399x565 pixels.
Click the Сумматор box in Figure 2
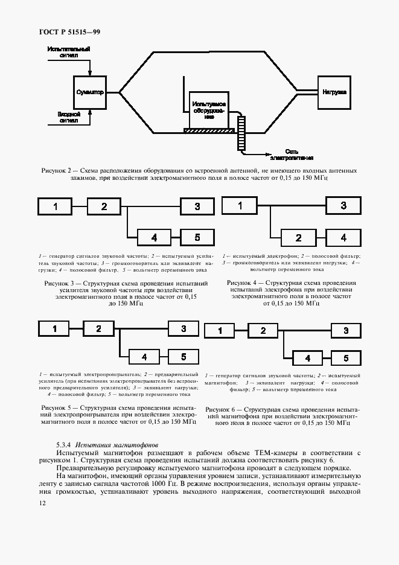tap(90, 92)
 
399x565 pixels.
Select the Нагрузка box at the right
tap(334, 92)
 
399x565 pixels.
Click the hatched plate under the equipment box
tap(209, 130)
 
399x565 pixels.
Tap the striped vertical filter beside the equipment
tap(241, 133)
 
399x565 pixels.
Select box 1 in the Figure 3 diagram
tap(56, 206)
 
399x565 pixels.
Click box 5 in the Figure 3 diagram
tap(197, 237)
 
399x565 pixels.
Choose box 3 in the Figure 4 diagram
tap(343, 206)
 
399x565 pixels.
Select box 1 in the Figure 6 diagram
tap(220, 330)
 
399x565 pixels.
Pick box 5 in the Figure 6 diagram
tap(346, 358)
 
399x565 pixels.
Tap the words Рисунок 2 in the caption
tap(57, 171)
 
